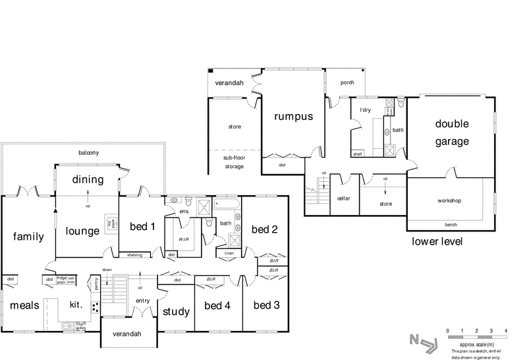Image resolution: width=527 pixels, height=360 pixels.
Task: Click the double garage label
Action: [x=451, y=133]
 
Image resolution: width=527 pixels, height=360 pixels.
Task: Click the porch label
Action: [x=347, y=83]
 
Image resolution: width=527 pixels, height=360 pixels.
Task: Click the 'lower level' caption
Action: [x=437, y=241]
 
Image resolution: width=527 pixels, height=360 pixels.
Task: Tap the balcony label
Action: [x=88, y=153]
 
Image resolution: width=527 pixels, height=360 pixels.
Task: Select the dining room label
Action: [x=87, y=179]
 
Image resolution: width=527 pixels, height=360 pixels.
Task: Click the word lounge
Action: [x=82, y=231]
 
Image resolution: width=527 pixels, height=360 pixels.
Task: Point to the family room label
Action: [x=27, y=236]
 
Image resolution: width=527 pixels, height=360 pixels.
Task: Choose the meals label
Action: [x=25, y=306]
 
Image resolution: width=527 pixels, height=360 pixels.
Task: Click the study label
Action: [x=176, y=312]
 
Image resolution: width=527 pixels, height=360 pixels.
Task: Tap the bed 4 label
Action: [x=217, y=306]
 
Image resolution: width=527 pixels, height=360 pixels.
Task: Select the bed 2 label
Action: [x=265, y=229]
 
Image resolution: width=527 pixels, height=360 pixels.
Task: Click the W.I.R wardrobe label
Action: [x=183, y=238]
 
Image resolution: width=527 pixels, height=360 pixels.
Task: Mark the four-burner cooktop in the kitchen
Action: [x=95, y=307]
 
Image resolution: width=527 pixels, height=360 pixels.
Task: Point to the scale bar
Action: [x=476, y=336]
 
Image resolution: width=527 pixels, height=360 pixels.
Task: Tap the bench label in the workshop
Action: [x=451, y=224]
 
